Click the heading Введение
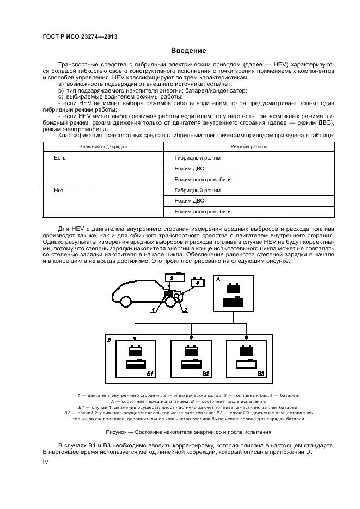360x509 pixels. [188, 51]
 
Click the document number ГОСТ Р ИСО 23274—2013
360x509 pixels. [80, 37]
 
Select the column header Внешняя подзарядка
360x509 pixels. [103, 146]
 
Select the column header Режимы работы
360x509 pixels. [249, 146]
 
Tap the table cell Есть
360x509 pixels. [60, 158]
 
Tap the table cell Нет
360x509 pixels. [59, 191]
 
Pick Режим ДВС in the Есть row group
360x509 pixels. [190, 168]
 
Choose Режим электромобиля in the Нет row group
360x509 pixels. [203, 211]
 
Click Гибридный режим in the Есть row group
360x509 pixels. [198, 158]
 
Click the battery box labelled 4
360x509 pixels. [198, 283]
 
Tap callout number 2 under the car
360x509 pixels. [186, 309]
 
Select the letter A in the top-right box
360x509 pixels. [218, 278]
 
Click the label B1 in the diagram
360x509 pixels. [150, 373]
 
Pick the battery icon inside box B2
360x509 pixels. [191, 350]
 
